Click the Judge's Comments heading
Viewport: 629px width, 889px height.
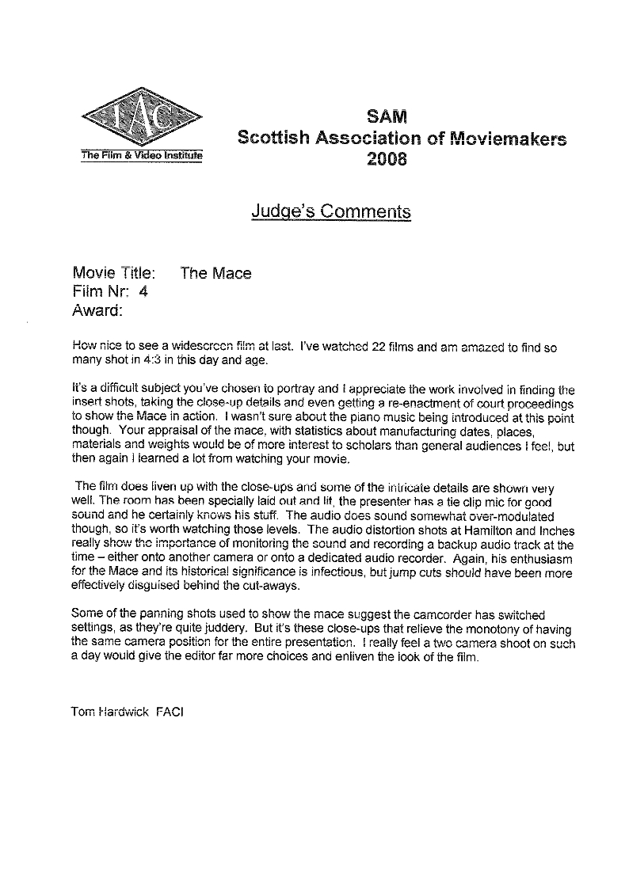pos(331,211)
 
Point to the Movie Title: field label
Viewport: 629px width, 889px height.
pos(113,274)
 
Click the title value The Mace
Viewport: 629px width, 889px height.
pos(215,274)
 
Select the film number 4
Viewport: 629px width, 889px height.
pos(143,291)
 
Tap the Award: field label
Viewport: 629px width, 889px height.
pos(97,310)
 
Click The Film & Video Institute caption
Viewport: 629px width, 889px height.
pos(141,155)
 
